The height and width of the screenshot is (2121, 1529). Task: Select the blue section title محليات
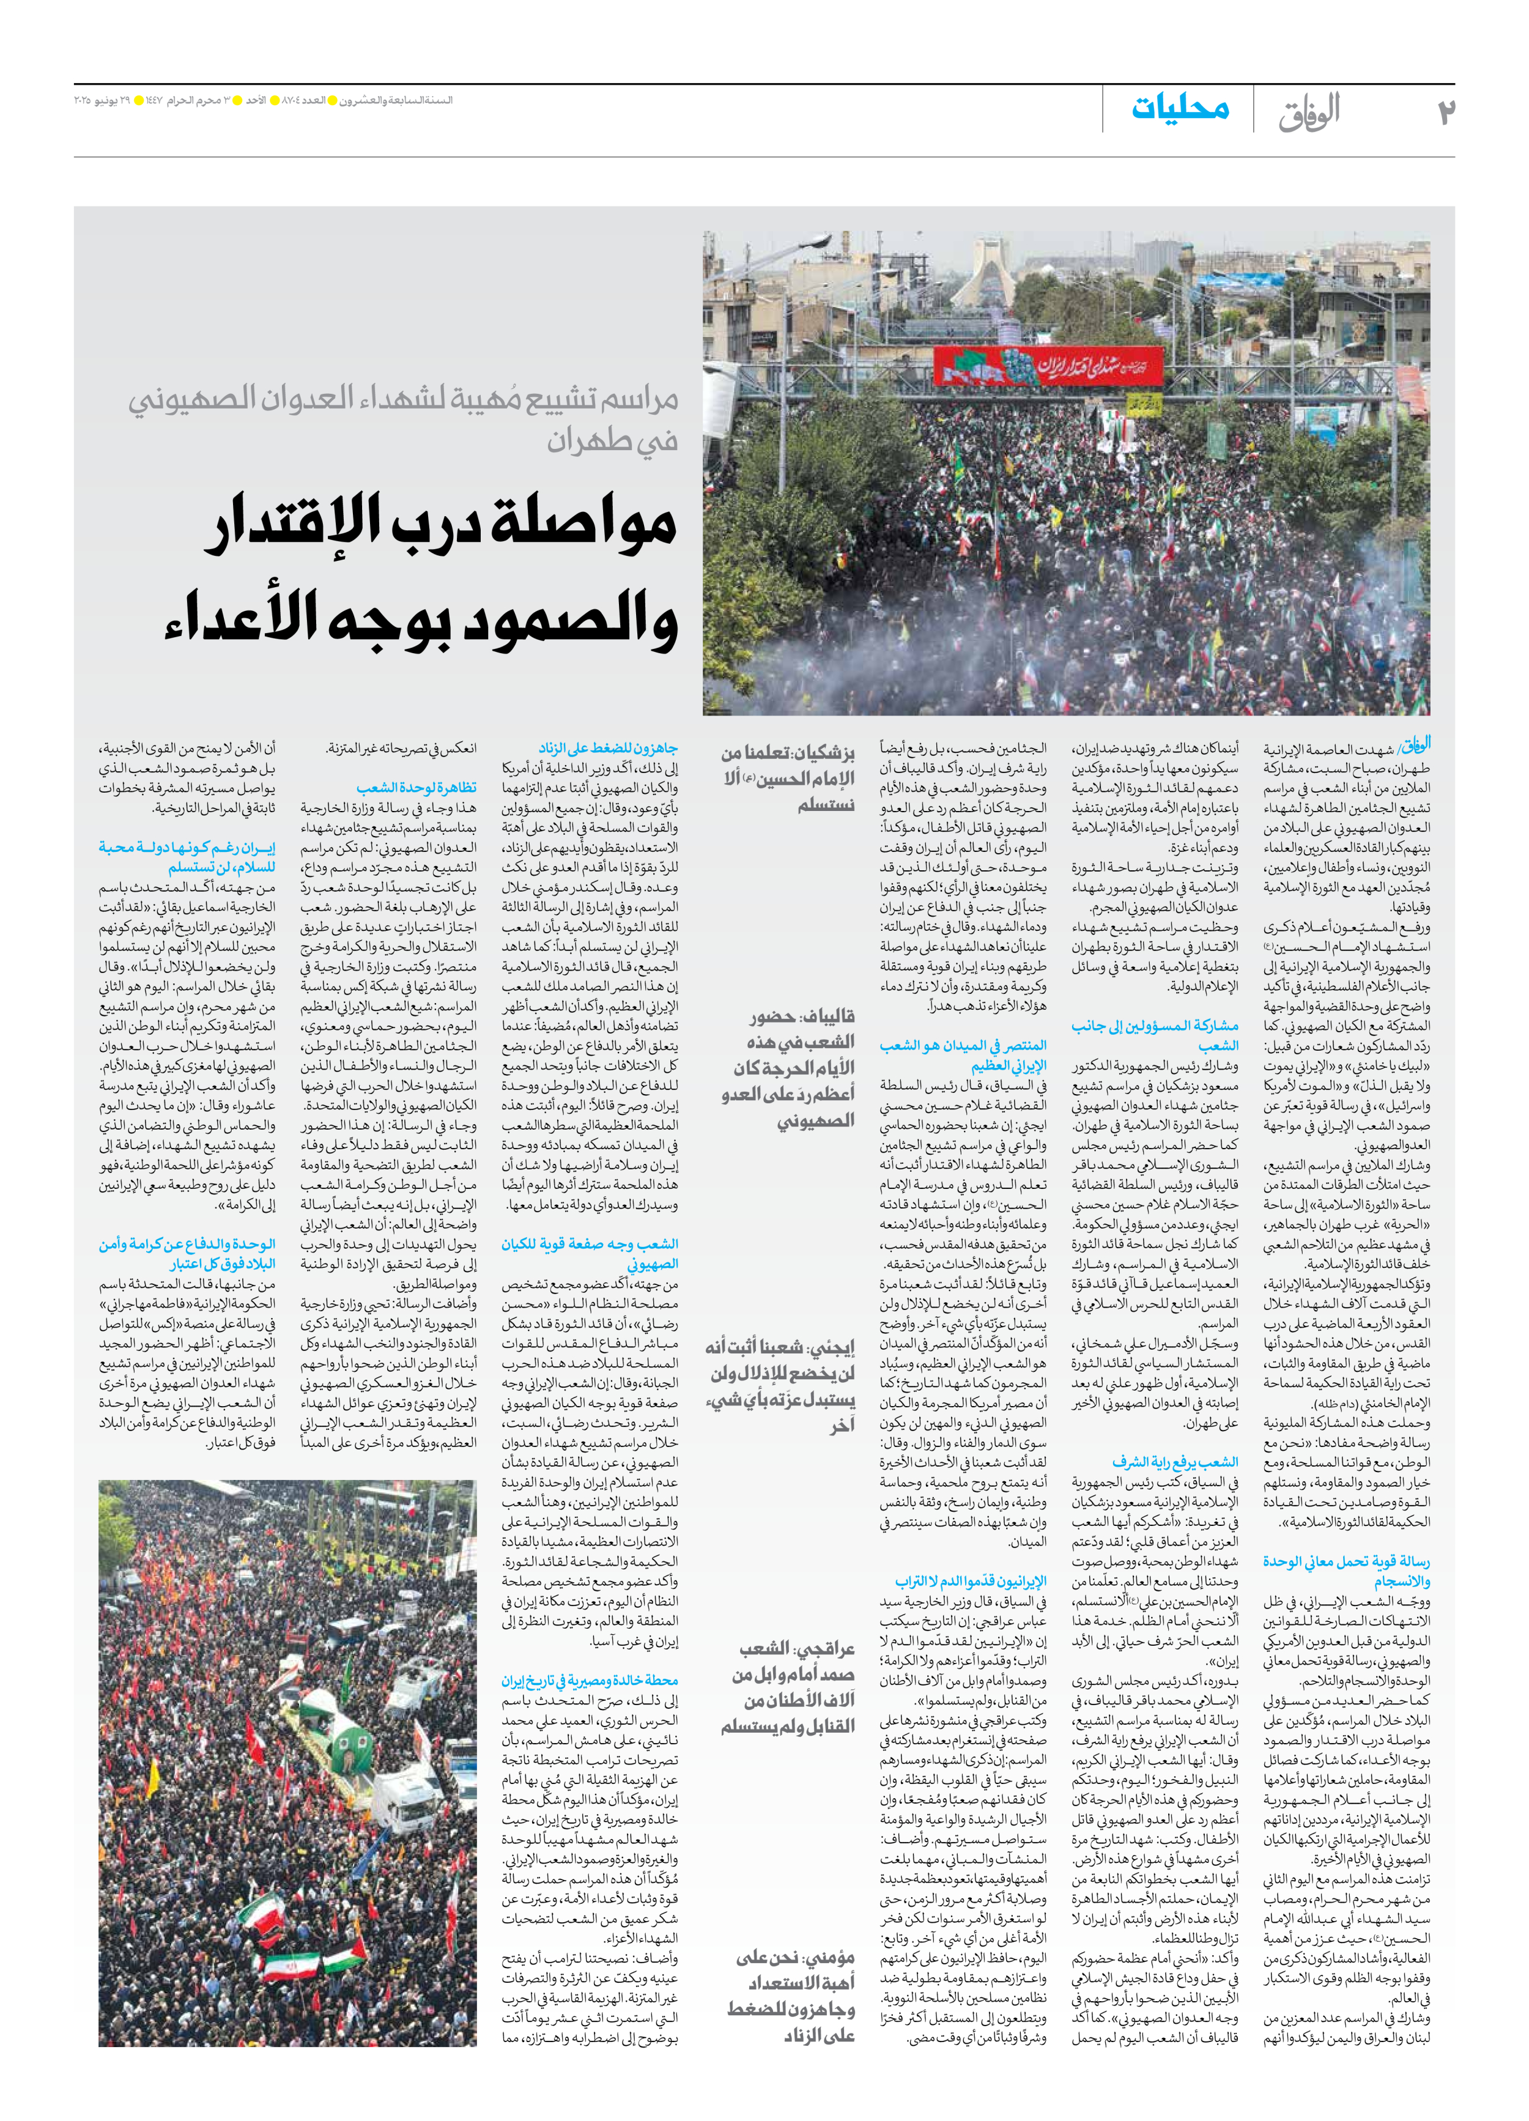1180,108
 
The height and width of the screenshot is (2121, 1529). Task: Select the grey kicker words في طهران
613,440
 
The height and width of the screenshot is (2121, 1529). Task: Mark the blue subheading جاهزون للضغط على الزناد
608,748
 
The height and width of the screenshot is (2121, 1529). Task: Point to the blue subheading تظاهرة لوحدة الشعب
416,788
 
